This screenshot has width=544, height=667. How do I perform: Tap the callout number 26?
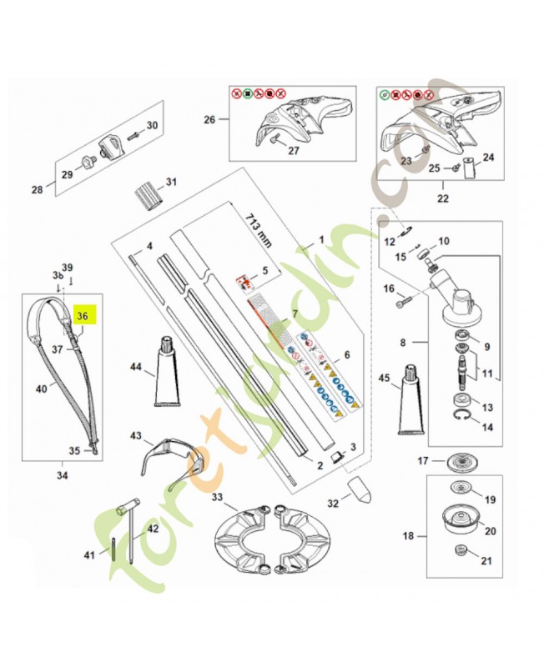click(x=209, y=120)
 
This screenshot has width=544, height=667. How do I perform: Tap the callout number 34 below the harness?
click(x=63, y=476)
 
